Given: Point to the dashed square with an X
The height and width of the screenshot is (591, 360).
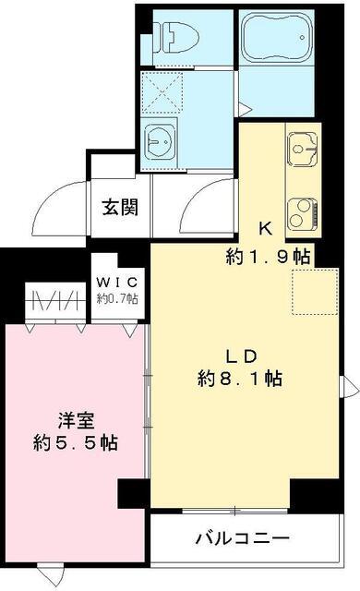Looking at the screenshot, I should tap(162, 92).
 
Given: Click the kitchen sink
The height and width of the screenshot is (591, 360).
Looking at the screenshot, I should tap(303, 146).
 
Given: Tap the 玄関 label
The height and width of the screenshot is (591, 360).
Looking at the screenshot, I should tap(120, 206).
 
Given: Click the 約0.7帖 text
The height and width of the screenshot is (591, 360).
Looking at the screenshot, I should tap(118, 298).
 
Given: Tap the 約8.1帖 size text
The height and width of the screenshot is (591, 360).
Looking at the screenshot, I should tap(240, 379).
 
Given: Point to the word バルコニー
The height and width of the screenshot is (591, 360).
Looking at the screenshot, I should tap(242, 538).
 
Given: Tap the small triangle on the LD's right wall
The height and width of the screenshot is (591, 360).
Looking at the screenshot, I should tap(352, 387).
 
